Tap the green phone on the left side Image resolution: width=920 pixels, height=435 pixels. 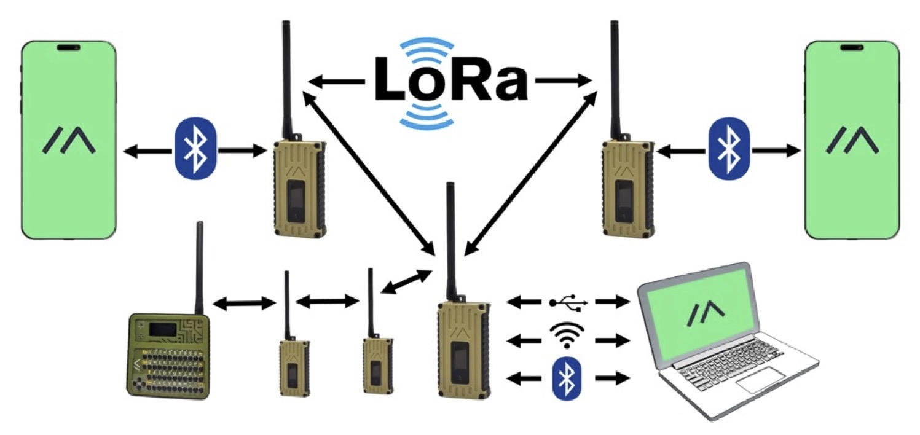69,140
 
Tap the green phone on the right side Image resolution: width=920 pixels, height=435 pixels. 852,140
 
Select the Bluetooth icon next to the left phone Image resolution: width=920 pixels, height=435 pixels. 196,149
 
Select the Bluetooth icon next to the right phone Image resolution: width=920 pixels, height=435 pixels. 729,149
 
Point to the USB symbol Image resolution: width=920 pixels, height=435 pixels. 568,302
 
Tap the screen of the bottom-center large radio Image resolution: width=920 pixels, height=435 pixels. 458,362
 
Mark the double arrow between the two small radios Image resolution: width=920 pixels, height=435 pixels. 327,301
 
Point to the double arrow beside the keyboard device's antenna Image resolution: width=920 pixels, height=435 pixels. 243,302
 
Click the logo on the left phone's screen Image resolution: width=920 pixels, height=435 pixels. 69,140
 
